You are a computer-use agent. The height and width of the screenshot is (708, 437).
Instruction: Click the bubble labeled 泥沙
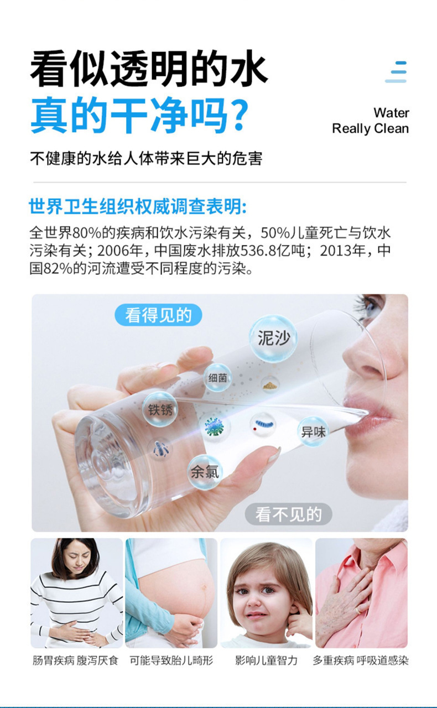273,338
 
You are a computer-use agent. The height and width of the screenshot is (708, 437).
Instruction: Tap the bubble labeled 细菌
217,378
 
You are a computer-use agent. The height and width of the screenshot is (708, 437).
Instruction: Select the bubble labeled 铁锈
160,409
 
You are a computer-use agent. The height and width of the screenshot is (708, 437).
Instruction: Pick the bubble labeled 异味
313,431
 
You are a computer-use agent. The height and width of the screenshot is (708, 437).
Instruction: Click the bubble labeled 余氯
205,472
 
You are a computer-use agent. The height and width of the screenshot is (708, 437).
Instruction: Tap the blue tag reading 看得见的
158,315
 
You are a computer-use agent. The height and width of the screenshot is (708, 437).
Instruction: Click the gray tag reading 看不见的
288,514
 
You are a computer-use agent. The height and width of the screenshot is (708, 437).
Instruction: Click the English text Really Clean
370,129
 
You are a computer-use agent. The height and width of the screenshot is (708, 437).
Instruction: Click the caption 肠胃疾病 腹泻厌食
76,660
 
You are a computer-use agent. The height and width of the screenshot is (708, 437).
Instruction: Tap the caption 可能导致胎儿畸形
171,660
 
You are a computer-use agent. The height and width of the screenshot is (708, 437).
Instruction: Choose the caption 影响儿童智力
266,660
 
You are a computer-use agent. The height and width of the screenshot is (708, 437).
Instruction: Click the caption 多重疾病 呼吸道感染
361,660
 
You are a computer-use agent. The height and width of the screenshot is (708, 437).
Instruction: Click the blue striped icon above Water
397,72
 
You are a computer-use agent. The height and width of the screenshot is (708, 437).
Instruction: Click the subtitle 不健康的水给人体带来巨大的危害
145,159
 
